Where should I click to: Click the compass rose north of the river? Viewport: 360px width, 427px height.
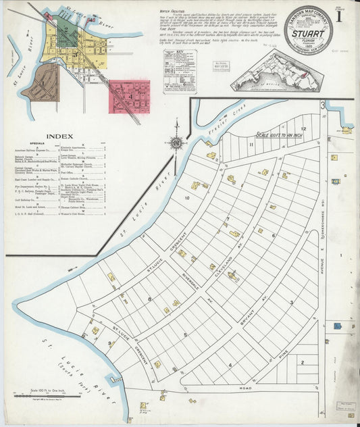176,143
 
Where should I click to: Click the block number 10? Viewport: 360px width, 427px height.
187,198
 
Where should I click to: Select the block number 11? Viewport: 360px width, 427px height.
251,145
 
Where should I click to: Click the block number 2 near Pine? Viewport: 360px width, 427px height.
303,362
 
